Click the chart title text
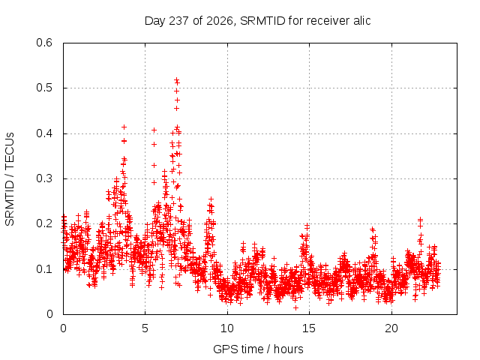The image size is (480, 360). click(257, 21)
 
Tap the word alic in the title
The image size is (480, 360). click(362, 20)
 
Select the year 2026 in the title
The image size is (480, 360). click(220, 21)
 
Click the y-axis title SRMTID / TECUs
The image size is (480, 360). click(10, 179)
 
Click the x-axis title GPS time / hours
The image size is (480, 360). click(258, 349)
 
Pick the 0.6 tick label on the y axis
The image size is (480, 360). click(44, 43)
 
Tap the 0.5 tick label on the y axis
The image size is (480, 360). click(44, 88)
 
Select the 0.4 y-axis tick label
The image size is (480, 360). click(44, 133)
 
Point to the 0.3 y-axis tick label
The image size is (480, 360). click(44, 178)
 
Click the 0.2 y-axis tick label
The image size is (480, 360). click(44, 223)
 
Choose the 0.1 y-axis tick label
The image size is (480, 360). click(44, 269)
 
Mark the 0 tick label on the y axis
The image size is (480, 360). click(49, 314)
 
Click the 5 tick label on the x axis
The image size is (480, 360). click(145, 328)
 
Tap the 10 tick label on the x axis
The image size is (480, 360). click(227, 328)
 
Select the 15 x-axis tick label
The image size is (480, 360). click(309, 328)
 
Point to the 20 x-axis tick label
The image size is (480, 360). click(391, 328)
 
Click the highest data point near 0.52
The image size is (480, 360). click(177, 80)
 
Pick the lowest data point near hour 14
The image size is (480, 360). click(295, 307)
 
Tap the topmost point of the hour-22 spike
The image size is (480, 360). click(420, 219)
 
